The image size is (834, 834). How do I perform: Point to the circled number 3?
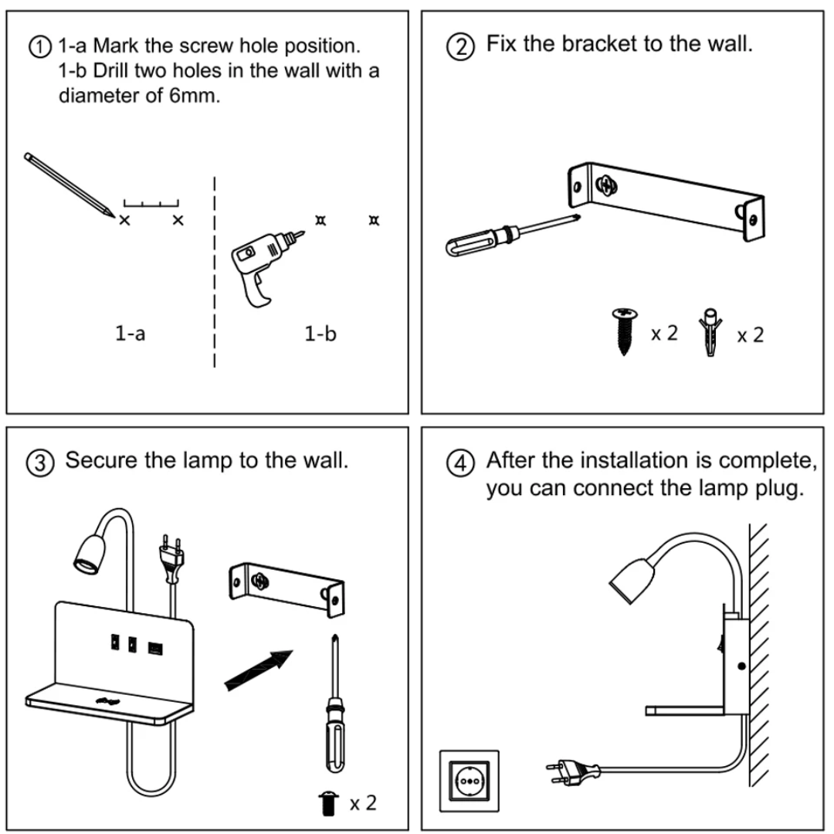[x=45, y=463]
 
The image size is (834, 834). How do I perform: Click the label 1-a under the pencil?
[x=131, y=334]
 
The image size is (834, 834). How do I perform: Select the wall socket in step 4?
[x=469, y=781]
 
